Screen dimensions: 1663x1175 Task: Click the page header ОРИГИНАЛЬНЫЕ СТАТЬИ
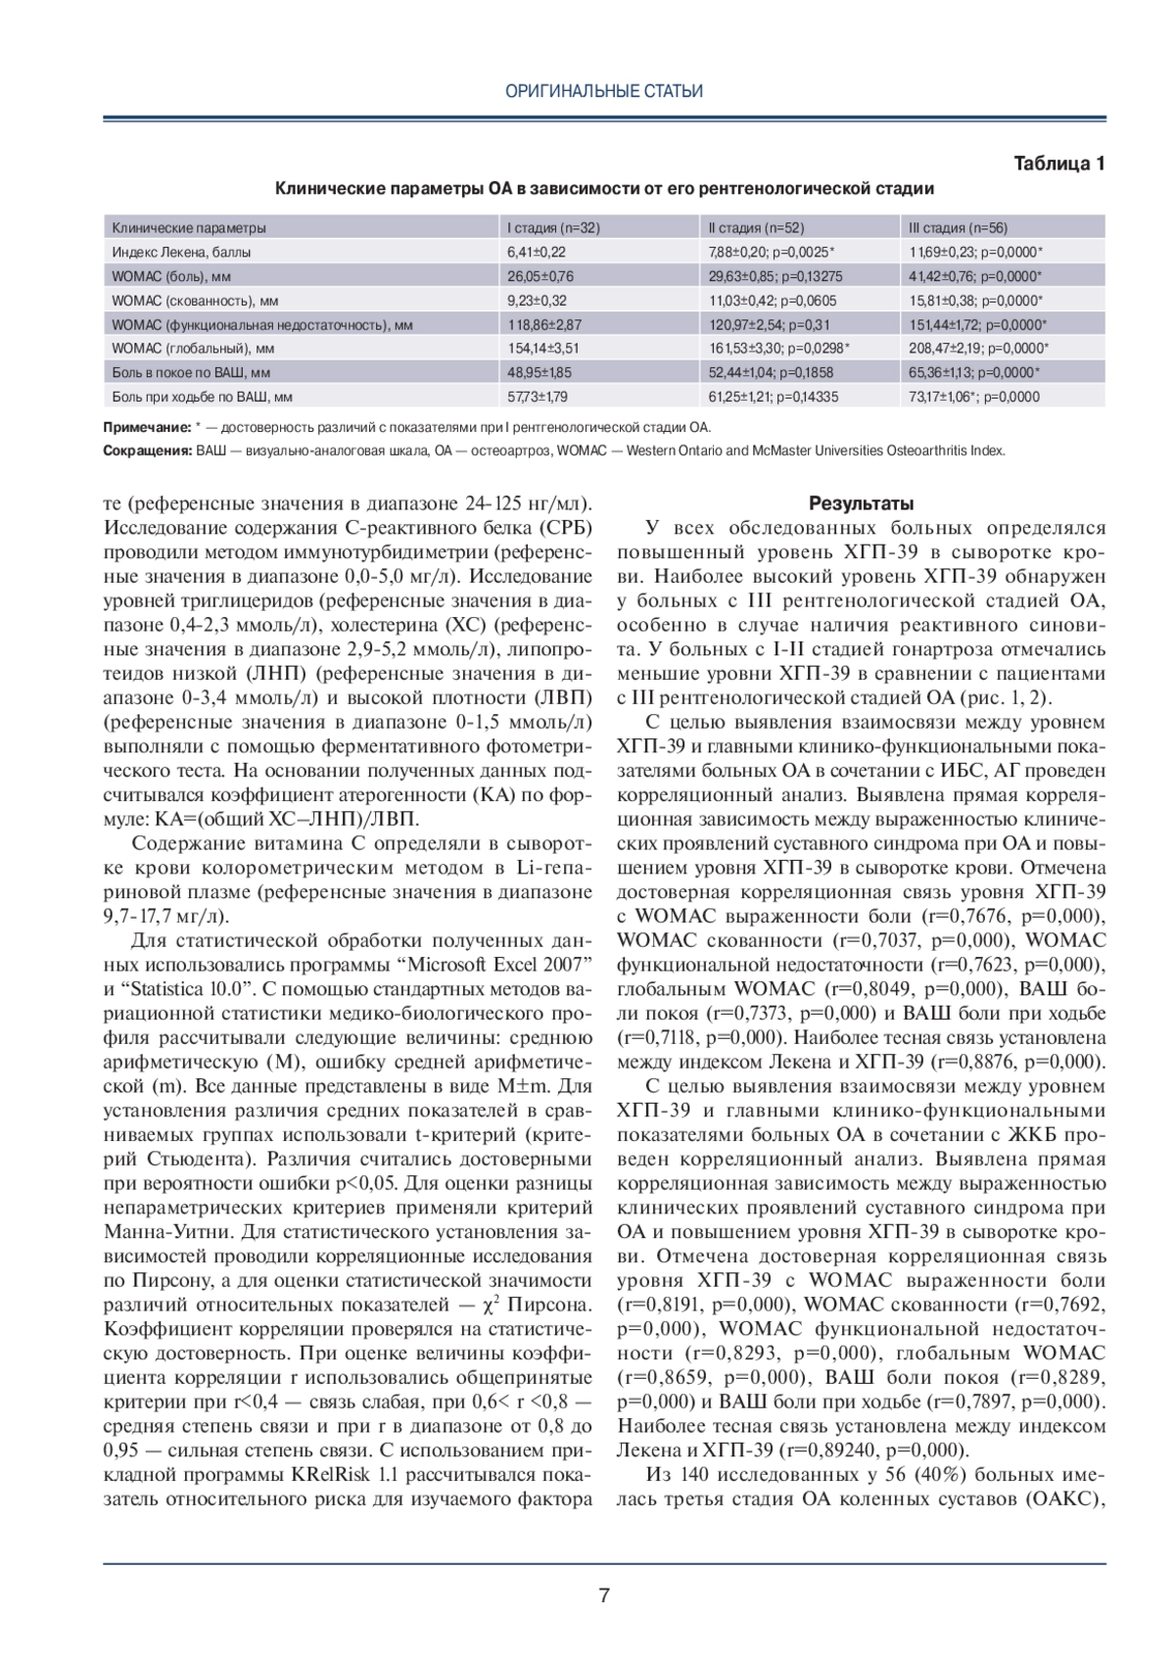point(604,91)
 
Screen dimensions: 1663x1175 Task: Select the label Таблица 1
point(1058,164)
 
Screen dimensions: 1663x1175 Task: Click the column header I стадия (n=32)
point(552,228)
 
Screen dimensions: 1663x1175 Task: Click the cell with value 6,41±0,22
point(537,253)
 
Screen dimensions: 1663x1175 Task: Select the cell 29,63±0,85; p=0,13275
point(775,276)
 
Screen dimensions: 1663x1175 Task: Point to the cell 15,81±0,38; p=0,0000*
point(975,301)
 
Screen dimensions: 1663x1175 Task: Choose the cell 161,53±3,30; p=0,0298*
point(778,349)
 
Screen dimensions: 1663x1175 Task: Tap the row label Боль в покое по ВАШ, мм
point(190,372)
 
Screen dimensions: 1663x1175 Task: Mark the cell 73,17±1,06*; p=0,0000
point(974,397)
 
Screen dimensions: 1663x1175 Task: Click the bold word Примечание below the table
point(147,428)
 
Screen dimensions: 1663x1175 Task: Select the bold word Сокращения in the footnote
point(147,451)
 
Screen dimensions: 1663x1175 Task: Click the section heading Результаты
point(862,504)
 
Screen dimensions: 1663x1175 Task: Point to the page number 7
point(604,1595)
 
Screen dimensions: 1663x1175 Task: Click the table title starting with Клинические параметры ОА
point(604,188)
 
